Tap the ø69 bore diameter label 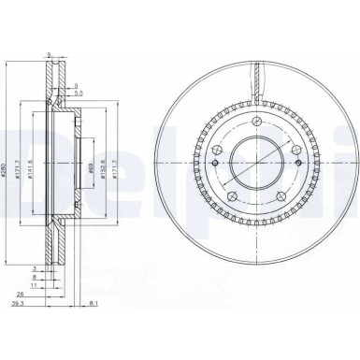pyautogui.click(x=92, y=171)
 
